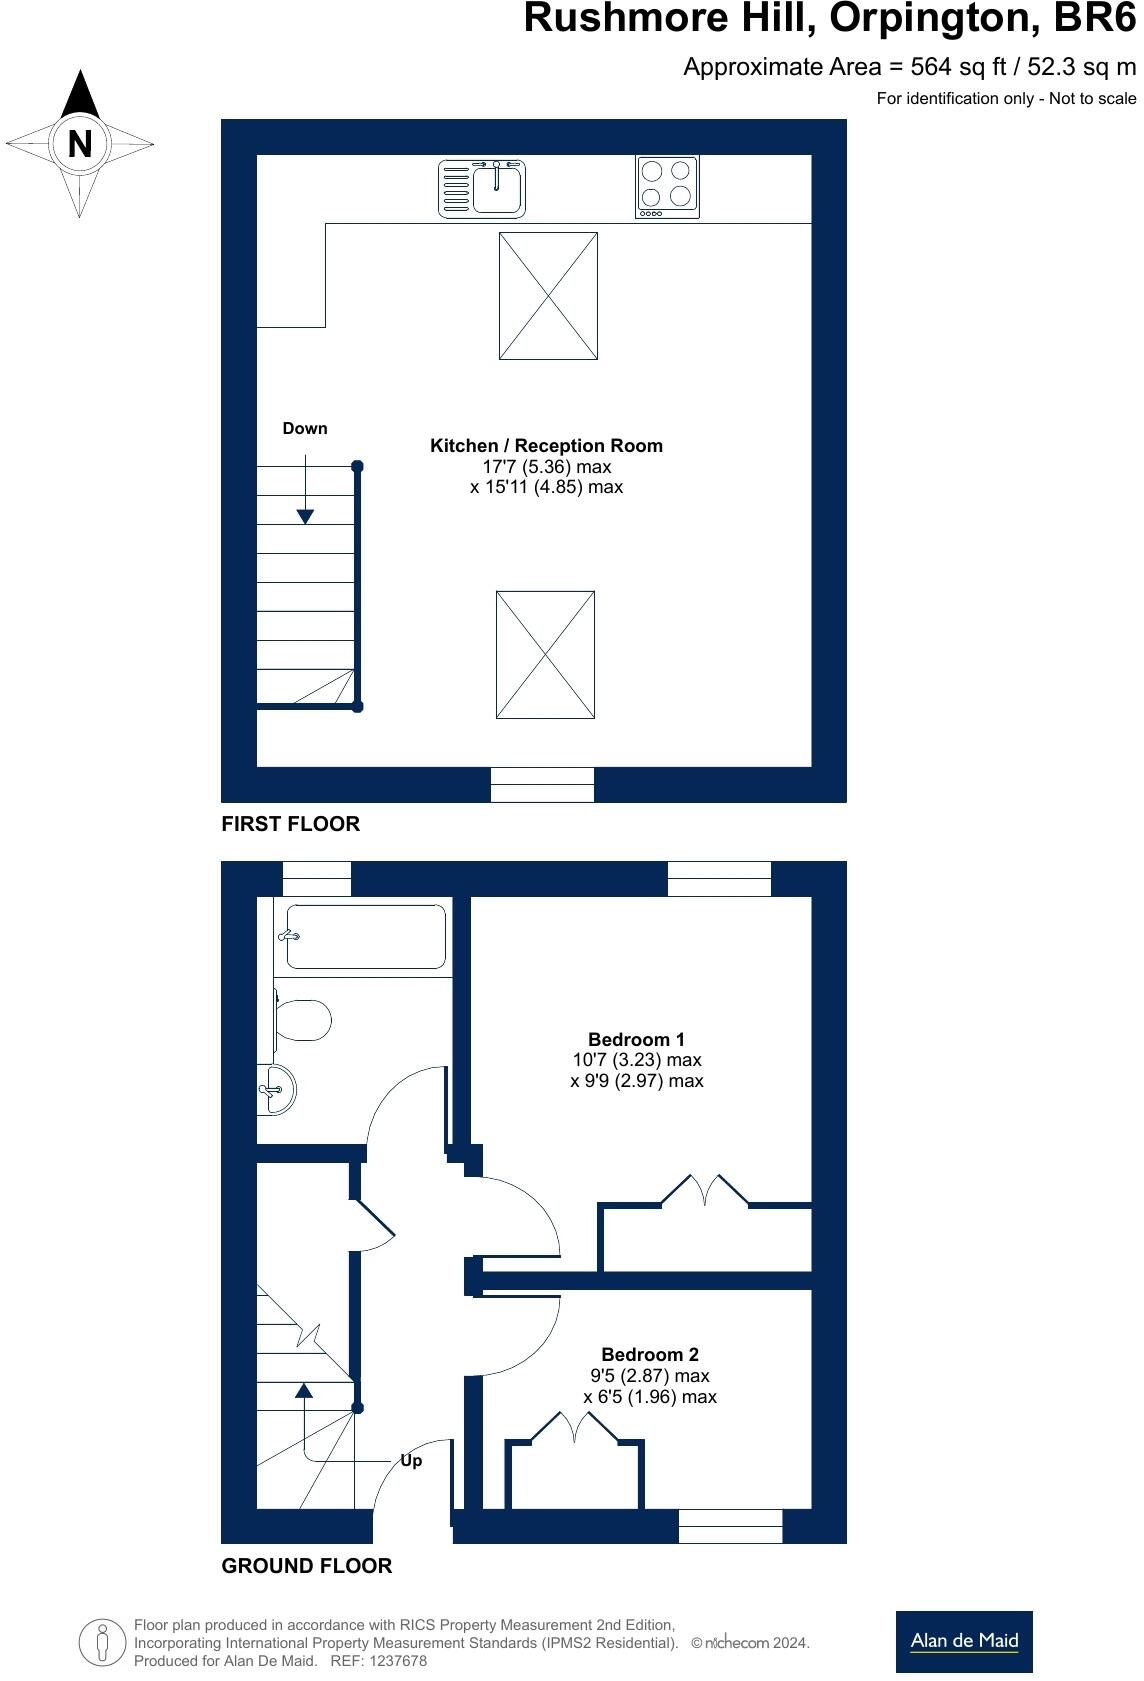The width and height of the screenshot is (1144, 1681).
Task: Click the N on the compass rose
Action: click(80, 144)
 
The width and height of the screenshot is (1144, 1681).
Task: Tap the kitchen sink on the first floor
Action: click(482, 188)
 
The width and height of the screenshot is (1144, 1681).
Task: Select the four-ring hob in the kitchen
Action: click(667, 186)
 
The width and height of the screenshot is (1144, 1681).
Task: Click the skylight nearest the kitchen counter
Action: click(548, 296)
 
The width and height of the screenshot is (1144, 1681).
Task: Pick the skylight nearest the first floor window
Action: click(545, 654)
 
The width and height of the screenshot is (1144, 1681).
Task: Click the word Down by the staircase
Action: click(305, 428)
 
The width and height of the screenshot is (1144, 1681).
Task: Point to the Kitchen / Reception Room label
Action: click(546, 446)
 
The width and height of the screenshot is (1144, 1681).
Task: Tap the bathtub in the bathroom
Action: click(365, 937)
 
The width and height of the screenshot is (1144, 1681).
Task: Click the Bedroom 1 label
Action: click(636, 1039)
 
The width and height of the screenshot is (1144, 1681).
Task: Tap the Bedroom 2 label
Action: click(649, 1355)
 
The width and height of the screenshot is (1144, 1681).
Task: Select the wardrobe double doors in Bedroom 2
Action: click(574, 1427)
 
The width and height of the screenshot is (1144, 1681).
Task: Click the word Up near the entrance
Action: click(411, 1461)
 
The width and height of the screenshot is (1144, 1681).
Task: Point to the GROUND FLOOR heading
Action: click(306, 1566)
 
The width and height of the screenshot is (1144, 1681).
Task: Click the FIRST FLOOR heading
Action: click(290, 824)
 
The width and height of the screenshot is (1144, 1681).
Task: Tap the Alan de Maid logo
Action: click(964, 1641)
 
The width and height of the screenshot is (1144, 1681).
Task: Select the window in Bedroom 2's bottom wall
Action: click(730, 1526)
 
